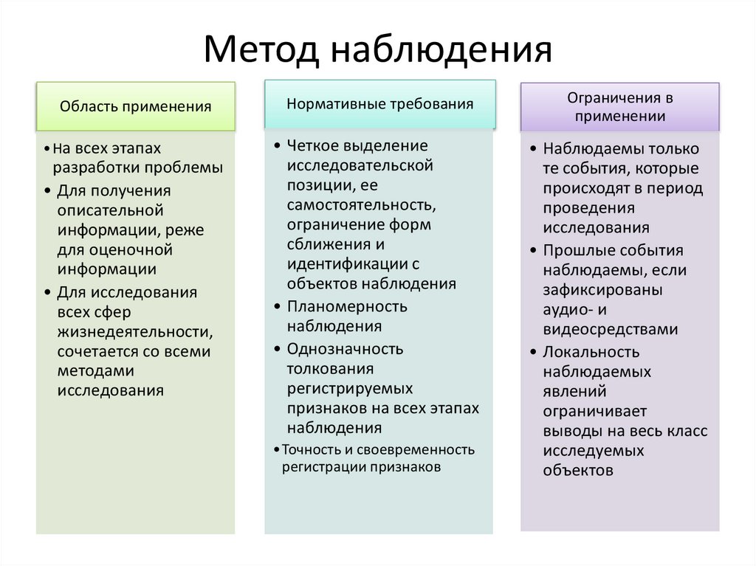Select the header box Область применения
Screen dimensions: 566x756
point(136,107)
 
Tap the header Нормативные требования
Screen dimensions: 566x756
point(379,104)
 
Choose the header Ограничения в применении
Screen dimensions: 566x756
point(619,106)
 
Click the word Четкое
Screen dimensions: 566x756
point(312,145)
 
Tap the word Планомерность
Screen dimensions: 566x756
point(347,306)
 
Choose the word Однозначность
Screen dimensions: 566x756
point(346,348)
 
